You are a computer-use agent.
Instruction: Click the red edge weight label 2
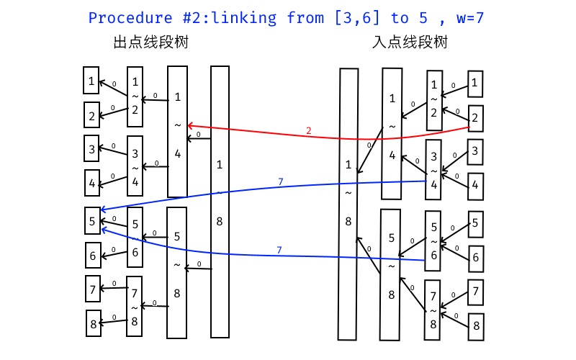tap(308, 130)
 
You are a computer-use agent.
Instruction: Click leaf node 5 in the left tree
tap(92, 222)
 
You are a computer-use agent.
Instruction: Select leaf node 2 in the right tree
tap(474, 117)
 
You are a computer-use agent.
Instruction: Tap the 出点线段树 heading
tap(151, 42)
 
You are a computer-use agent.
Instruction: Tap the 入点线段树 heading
tap(410, 42)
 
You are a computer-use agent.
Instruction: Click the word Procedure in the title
tap(128, 18)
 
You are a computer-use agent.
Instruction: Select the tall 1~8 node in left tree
tap(220, 202)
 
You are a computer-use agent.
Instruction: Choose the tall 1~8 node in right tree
tap(348, 204)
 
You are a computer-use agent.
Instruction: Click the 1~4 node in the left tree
tap(177, 131)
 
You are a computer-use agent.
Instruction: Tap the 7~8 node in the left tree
tap(135, 306)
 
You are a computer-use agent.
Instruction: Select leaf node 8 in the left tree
tap(94, 323)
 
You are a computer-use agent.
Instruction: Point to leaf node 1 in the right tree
tap(474, 84)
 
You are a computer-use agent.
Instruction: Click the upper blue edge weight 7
tap(280, 182)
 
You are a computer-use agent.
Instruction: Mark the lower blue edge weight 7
tap(278, 250)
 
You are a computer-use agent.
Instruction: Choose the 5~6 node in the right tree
tap(433, 235)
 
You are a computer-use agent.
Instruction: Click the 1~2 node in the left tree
tap(135, 96)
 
